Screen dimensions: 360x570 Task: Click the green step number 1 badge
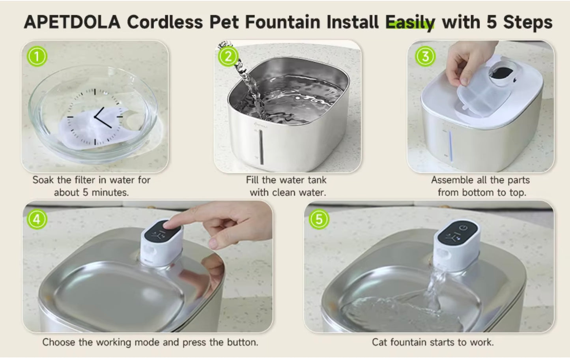pos(37,56)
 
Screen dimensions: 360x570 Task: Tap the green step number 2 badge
pos(228,56)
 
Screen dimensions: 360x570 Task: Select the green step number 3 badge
pos(425,56)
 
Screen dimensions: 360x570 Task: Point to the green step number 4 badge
pos(37,219)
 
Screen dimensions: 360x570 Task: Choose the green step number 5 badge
pos(319,219)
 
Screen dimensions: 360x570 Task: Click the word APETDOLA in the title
pos(72,22)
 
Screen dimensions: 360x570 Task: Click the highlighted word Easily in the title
pos(410,22)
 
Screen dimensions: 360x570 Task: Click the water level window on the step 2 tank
pos(261,146)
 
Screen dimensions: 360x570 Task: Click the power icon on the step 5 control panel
pos(464,228)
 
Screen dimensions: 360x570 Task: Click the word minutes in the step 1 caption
pos(110,193)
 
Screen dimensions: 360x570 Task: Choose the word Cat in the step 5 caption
pos(379,342)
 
